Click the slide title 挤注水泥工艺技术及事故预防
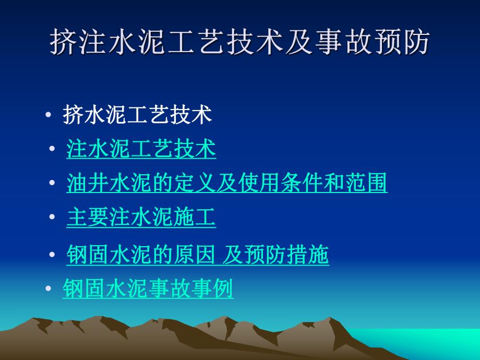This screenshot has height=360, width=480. coord(239,42)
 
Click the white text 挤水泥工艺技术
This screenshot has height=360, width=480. coord(137,115)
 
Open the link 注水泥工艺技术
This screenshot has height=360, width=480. coord(141,149)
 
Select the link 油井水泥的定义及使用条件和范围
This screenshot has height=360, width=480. coord(227,183)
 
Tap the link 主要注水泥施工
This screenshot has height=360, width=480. coord(141,218)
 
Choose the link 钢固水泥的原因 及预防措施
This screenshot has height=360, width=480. coord(198,255)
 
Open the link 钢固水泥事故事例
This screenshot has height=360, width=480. coord(148,289)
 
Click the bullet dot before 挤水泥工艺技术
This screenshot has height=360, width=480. coord(48,115)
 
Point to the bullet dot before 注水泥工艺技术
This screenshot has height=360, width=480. coord(52,150)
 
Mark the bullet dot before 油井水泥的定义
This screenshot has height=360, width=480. coord(52,184)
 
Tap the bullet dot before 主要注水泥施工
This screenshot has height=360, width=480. coord(52,218)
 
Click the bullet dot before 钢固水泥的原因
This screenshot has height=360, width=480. coord(52,256)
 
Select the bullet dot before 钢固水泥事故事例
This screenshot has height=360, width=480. coord(48,289)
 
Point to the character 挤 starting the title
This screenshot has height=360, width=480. coord(63,42)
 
